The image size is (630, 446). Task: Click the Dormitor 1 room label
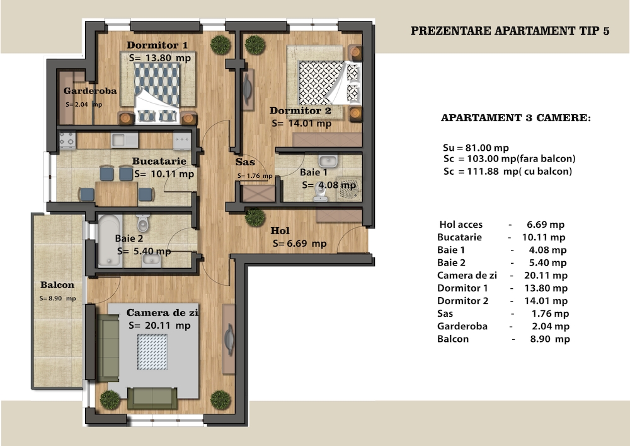[157, 45]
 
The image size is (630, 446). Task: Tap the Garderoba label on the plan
[90, 91]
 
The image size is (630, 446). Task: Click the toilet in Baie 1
[320, 192]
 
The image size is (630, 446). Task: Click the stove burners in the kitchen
[67, 140]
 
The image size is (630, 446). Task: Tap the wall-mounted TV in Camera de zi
[229, 339]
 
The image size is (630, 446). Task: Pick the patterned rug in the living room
[152, 352]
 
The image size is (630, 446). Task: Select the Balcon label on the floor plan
[57, 285]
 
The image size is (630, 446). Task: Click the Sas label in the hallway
[245, 162]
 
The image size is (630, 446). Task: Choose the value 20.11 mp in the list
[546, 276]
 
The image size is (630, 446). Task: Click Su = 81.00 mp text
[476, 148]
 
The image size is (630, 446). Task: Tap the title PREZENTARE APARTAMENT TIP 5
[510, 31]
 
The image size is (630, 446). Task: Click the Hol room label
[280, 230]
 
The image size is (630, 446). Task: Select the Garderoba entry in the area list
[462, 326]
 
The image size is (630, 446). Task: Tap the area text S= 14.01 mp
[301, 124]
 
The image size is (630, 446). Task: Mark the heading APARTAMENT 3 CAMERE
[516, 118]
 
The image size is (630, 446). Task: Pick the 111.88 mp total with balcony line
[508, 172]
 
